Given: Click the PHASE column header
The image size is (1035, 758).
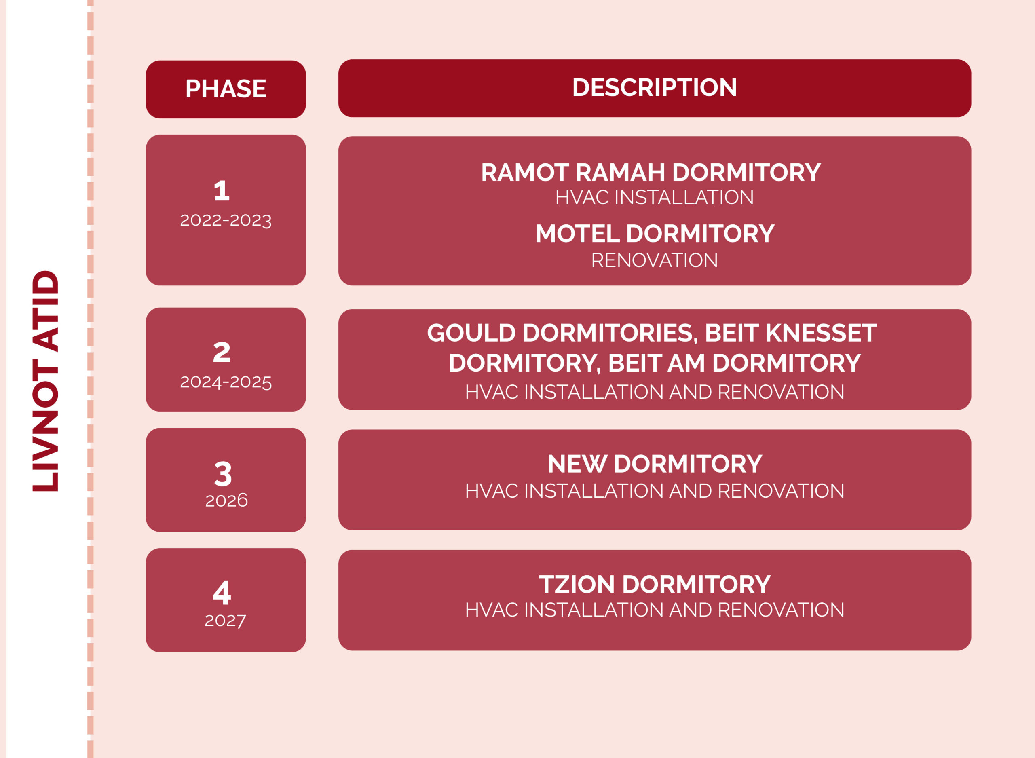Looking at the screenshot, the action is click(x=226, y=89).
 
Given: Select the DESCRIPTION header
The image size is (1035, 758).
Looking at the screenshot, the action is click(x=655, y=87).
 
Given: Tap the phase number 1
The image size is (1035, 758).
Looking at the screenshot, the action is click(x=222, y=191).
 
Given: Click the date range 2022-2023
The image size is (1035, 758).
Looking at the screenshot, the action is click(x=226, y=220).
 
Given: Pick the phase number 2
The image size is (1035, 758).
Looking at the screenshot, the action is click(x=222, y=352).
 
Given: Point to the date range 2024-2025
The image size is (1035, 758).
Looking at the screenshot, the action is click(x=226, y=382).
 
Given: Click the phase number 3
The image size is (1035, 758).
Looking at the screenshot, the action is click(x=223, y=474).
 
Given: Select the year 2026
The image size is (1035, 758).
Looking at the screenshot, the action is click(x=226, y=500).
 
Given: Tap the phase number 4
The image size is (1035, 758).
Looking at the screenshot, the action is click(x=222, y=592).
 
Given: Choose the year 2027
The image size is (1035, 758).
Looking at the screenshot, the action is click(x=225, y=621).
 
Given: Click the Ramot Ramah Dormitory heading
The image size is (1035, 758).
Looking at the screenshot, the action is click(x=651, y=173).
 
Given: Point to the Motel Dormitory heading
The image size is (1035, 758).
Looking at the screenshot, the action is click(x=655, y=234).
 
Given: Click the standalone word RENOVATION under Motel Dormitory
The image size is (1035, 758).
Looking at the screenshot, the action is click(x=654, y=261).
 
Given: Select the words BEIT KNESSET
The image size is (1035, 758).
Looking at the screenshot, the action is click(x=790, y=333).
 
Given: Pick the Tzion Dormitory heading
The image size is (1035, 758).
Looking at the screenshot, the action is click(x=655, y=585).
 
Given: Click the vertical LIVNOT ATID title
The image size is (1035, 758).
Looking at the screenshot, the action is click(x=45, y=381).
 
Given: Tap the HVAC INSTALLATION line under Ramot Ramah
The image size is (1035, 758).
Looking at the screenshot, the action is click(x=654, y=197).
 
